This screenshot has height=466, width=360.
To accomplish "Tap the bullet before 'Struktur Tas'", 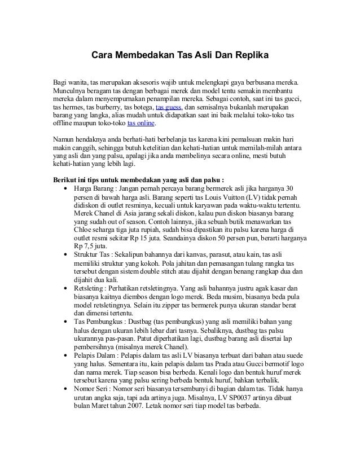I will (x=68, y=256).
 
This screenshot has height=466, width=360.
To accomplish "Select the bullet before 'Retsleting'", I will (x=68, y=289).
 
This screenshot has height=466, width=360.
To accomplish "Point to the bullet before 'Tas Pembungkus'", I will (x=68, y=322).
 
